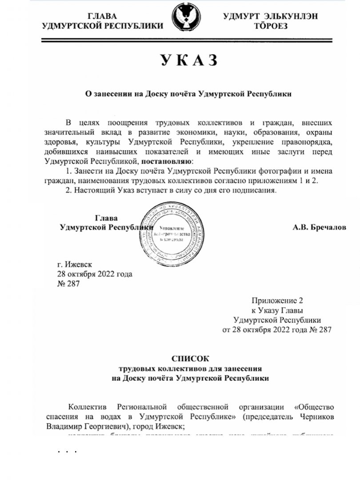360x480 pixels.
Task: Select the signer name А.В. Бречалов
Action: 319,227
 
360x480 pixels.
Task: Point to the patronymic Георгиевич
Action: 104,426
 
